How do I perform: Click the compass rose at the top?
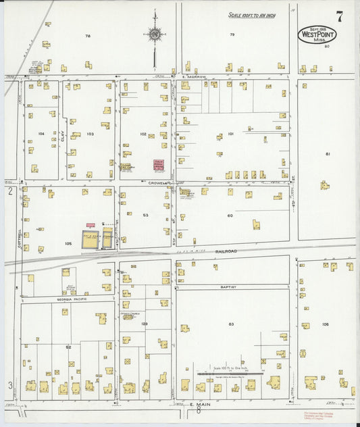154,34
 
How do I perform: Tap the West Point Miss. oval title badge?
317,34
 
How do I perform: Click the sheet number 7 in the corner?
340,17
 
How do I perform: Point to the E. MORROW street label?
193,77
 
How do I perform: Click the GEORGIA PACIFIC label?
60,298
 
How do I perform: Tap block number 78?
88,35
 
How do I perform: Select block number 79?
232,34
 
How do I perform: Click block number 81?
328,154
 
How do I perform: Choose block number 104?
41,134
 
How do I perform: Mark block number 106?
326,324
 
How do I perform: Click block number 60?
230,216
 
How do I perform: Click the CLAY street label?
61,136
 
